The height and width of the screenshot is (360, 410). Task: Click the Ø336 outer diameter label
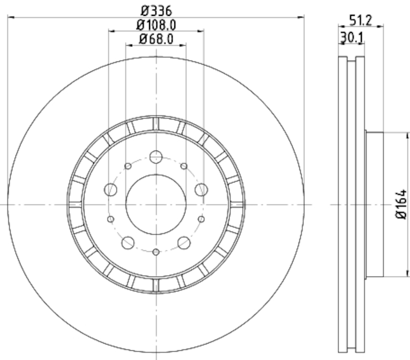(x=156, y=10)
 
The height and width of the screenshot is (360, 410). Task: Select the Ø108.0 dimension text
(x=156, y=24)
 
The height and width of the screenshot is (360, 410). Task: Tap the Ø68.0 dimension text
(x=156, y=38)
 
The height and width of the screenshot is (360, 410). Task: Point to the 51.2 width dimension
(x=360, y=20)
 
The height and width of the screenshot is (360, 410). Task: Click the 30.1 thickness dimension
(x=352, y=37)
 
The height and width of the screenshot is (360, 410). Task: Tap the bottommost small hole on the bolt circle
(x=156, y=251)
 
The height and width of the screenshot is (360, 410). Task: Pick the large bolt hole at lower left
(x=128, y=242)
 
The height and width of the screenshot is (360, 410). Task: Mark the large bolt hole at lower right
(x=183, y=242)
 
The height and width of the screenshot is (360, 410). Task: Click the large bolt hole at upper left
(x=111, y=190)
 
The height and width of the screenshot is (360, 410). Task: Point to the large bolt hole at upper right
(x=201, y=190)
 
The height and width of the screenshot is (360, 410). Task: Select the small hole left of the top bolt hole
(x=128, y=166)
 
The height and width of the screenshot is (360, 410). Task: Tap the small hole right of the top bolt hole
(x=183, y=166)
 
